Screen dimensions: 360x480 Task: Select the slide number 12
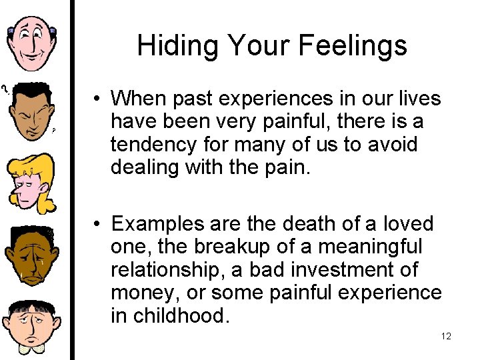coord(446,336)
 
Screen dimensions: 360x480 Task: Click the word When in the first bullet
coord(139,99)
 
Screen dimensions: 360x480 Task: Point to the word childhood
coord(179,315)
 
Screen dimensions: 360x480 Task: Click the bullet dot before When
coord(97,99)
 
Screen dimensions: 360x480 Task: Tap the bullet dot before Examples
coord(97,224)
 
